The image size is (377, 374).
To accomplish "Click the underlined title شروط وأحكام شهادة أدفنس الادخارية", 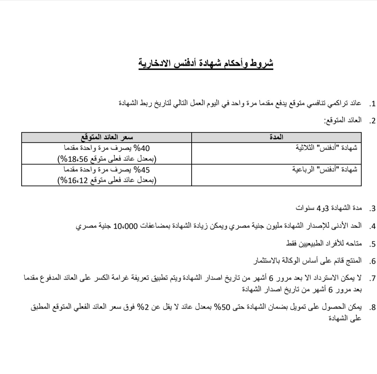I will (x=206, y=64).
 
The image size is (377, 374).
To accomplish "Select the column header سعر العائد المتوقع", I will (x=107, y=137).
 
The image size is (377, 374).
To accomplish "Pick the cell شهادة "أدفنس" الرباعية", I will (x=325, y=170).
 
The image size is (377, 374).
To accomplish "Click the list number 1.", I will (x=372, y=104).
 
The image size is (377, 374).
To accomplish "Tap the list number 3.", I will (x=372, y=209).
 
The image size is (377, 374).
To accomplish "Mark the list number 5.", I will (x=372, y=244).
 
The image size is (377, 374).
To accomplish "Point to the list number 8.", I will (x=372, y=308).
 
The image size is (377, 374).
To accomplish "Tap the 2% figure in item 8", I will (x=150, y=307).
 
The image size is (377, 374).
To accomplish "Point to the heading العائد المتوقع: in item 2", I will (x=343, y=121).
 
